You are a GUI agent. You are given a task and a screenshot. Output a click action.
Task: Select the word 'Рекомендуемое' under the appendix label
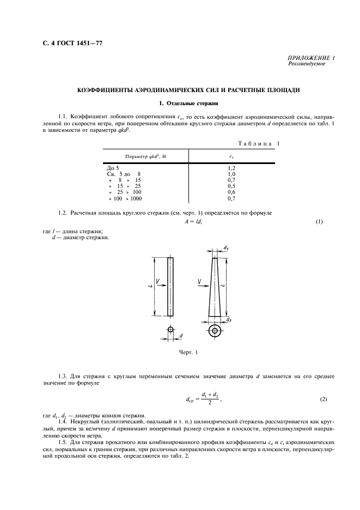[x=306, y=64]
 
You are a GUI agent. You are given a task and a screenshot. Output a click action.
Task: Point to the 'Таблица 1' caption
[x=258, y=143]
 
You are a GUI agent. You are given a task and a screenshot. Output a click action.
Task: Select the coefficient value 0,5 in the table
[x=231, y=186]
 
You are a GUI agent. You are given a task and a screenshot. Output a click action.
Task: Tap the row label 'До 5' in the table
[x=113, y=168]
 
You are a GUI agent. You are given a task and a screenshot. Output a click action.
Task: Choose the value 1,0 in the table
[x=231, y=174]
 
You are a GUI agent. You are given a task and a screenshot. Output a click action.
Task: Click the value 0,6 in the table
[x=231, y=192]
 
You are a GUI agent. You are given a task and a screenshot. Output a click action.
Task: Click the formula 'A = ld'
[x=193, y=221]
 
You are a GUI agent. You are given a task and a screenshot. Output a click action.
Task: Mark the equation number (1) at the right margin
[x=319, y=221]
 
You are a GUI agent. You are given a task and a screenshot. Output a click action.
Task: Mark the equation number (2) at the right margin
[x=324, y=399]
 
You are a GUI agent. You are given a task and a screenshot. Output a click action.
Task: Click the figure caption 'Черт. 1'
[x=188, y=353]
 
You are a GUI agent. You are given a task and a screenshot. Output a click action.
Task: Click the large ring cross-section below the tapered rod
[x=216, y=331]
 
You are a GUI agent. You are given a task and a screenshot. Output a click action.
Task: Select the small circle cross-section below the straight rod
[x=170, y=330]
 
